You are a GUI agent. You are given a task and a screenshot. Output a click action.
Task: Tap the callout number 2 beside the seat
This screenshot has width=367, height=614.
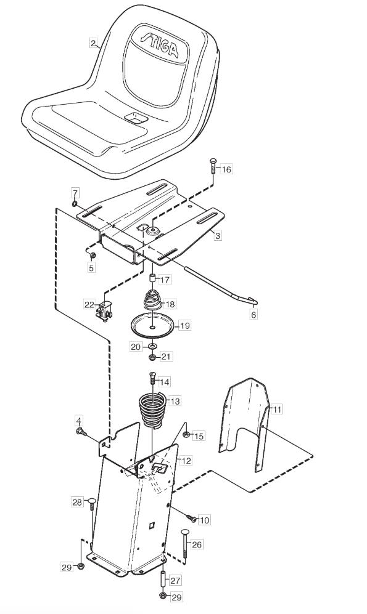click(x=93, y=42)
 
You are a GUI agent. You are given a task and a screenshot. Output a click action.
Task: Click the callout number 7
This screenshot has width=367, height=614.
click(x=75, y=193)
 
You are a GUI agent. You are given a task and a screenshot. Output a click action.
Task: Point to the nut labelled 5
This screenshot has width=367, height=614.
click(x=93, y=256)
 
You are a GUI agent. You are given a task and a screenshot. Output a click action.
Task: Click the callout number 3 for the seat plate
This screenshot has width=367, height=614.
click(x=218, y=235)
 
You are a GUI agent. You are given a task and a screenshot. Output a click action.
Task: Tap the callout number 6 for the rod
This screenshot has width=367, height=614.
click(x=254, y=314)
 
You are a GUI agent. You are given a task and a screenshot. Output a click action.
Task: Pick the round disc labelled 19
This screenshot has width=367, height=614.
click(x=154, y=325)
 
